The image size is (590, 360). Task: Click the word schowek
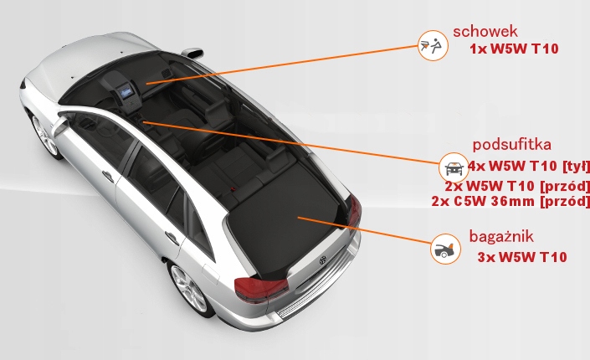click(x=486, y=32)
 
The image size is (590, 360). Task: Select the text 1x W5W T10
click(x=514, y=49)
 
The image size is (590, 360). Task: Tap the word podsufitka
click(x=511, y=143)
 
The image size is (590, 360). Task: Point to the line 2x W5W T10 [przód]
click(x=518, y=184)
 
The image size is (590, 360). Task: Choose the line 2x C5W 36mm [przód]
click(x=510, y=201)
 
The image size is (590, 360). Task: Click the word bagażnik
click(x=501, y=236)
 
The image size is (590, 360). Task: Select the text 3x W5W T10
click(x=521, y=257)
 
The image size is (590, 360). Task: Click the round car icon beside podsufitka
click(x=452, y=164)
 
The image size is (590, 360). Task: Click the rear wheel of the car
click(x=190, y=289)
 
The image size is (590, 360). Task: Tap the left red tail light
click(x=261, y=289)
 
